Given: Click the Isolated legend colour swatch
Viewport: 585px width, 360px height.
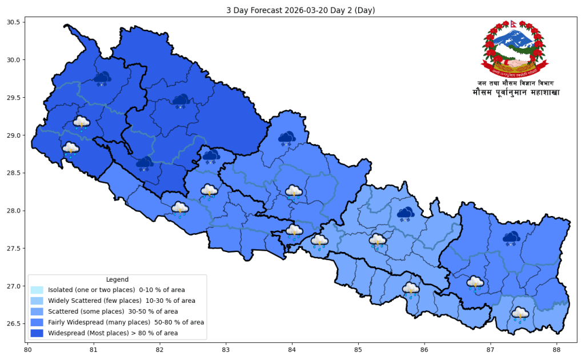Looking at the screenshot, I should coord(37,290).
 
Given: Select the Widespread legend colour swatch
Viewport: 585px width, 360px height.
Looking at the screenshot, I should coord(37,333).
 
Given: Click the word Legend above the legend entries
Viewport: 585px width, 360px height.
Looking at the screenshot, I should coord(117,279).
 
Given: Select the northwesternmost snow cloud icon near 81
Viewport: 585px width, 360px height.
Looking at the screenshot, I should coord(102,79).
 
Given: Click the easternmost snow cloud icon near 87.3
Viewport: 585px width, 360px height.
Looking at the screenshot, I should coord(511,238).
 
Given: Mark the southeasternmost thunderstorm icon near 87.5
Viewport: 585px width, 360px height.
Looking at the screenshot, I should coord(520,314).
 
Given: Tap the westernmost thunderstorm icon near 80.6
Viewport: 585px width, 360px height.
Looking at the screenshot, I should coord(70,149).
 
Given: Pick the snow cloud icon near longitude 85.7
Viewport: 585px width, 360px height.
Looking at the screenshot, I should coord(406,214).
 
